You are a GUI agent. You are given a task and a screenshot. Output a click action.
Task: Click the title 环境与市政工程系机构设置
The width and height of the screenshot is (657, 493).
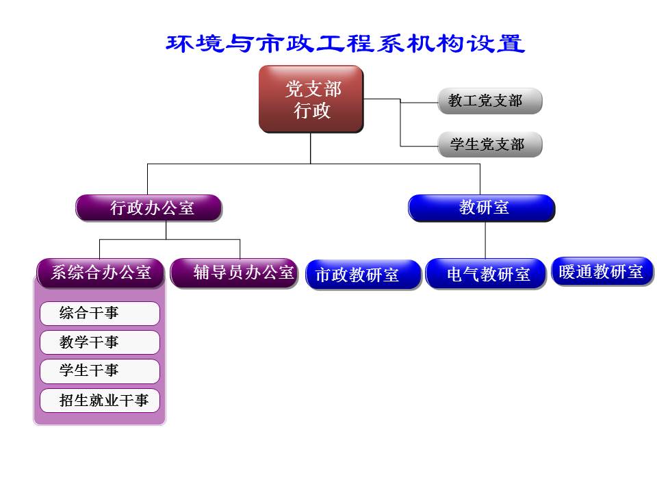click(x=346, y=44)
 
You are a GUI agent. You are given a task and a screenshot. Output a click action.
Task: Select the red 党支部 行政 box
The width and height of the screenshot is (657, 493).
click(x=311, y=99)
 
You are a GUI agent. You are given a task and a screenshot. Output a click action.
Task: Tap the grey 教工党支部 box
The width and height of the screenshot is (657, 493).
click(x=489, y=101)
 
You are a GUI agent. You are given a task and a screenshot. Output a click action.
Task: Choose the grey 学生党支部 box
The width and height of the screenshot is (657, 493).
click(x=489, y=144)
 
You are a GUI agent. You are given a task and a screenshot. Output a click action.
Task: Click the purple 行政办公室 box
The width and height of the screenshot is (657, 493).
click(x=149, y=208)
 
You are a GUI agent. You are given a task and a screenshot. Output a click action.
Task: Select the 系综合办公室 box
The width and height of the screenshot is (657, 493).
click(x=101, y=273)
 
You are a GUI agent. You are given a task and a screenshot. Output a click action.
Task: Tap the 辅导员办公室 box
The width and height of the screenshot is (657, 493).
click(x=234, y=273)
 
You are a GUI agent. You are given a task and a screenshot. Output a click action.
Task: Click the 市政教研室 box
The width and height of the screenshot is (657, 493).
click(x=363, y=275)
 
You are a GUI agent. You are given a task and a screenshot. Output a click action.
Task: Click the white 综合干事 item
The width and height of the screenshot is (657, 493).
click(x=100, y=314)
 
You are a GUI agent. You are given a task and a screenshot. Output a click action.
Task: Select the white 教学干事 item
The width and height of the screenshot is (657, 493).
click(x=100, y=342)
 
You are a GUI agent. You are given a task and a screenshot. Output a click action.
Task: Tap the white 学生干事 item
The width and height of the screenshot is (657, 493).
click(x=100, y=371)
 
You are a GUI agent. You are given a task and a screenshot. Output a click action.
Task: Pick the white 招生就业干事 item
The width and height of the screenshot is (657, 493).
click(x=100, y=401)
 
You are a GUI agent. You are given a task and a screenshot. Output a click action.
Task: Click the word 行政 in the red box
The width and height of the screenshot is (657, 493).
click(x=312, y=111)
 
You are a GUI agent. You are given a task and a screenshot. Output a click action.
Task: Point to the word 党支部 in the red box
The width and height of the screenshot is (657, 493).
click(x=313, y=89)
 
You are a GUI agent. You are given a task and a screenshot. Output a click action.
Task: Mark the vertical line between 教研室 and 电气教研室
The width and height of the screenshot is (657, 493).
click(x=485, y=240)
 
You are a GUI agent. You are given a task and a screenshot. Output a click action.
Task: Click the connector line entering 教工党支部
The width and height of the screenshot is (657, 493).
click(x=419, y=103)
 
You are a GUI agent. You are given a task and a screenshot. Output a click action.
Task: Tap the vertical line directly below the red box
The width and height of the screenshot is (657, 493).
click(x=310, y=148)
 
